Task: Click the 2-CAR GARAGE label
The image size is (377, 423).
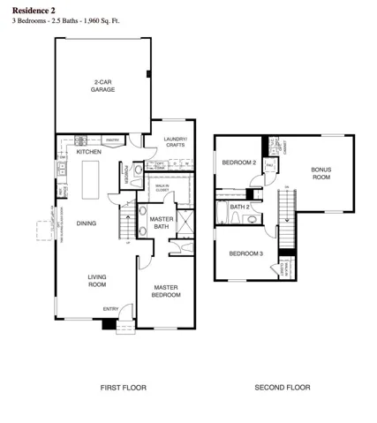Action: pos(102,87)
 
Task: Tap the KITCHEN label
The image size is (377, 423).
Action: pos(89,152)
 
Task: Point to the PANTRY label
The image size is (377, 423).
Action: pos(112,140)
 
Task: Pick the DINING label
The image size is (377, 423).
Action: pos(86,223)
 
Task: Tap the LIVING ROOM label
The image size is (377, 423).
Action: pos(96,282)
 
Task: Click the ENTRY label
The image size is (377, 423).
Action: pos(110,308)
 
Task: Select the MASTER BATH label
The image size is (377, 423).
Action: pos(161,223)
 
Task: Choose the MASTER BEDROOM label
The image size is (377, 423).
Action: pos(167,291)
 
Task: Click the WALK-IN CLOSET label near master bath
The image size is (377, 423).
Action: pos(162,188)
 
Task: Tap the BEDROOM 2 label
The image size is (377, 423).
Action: pos(238,162)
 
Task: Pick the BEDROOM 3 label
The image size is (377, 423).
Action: pos(245,253)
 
